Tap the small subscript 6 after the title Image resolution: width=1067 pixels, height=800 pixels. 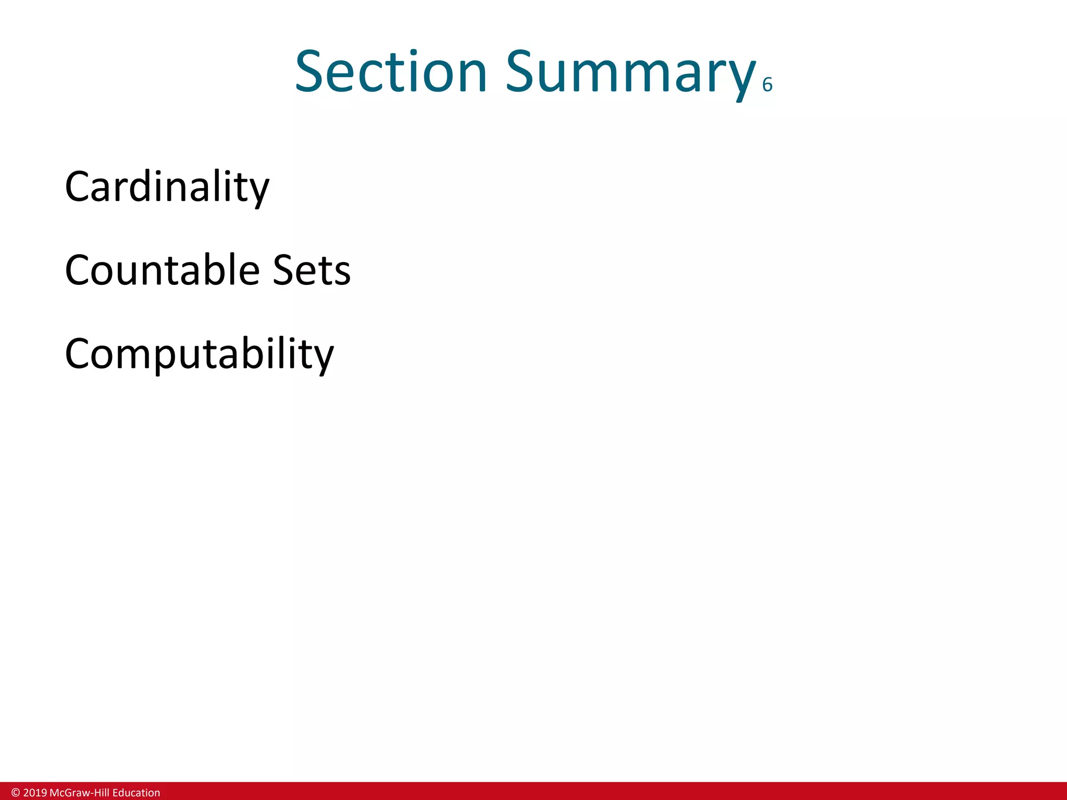coord(767,85)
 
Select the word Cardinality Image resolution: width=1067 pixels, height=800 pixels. coord(167,187)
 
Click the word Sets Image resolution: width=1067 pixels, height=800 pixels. coord(312,270)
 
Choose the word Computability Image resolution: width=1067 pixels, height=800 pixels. coord(199,354)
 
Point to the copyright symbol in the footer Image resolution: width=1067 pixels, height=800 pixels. coord(16,793)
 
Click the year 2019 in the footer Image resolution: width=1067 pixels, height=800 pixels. coord(35,793)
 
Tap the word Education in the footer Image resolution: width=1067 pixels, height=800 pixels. coord(136,793)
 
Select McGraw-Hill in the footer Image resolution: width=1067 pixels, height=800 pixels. coord(79,793)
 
